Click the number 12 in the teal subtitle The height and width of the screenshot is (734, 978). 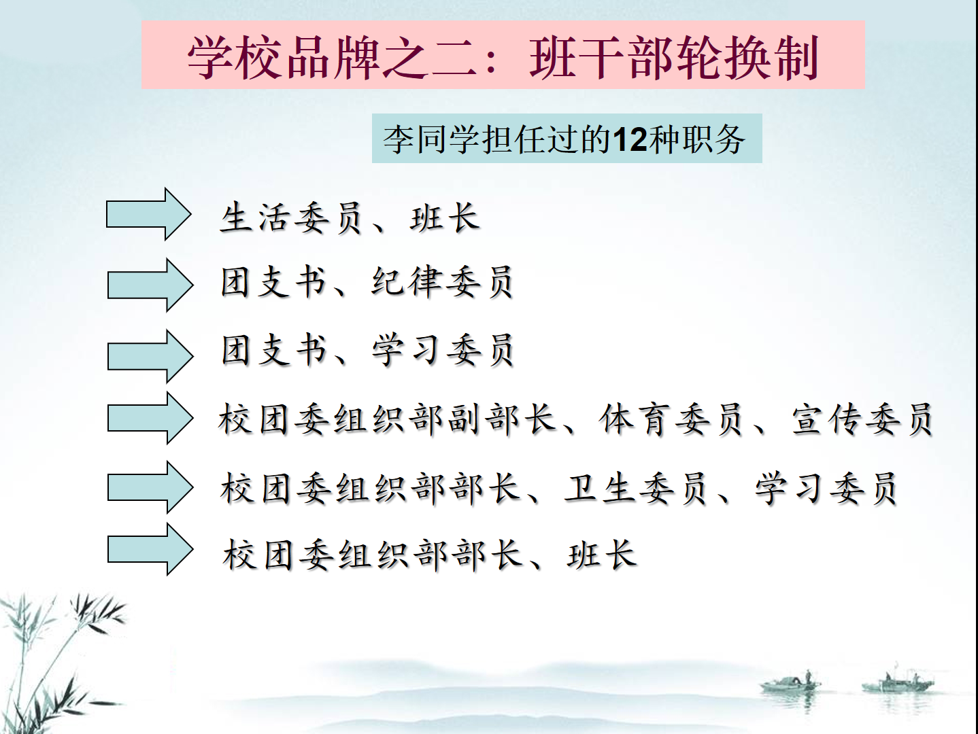click(x=630, y=139)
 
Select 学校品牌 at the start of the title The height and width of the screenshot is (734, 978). click(x=283, y=57)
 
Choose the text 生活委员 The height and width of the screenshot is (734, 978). click(x=290, y=217)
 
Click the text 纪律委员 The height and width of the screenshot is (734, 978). click(x=442, y=282)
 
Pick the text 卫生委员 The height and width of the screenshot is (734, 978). click(x=635, y=488)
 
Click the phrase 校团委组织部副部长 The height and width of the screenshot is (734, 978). click(x=387, y=419)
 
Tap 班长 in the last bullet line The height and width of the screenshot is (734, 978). click(x=601, y=555)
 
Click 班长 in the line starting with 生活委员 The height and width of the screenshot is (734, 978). click(x=445, y=217)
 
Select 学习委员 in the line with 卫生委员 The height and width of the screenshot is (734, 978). click(x=826, y=488)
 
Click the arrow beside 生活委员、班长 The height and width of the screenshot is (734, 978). click(x=149, y=214)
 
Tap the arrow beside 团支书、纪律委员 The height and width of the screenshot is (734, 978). click(x=150, y=285)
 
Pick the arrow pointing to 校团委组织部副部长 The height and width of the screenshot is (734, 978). click(x=150, y=419)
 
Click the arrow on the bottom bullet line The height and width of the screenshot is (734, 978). click(x=150, y=549)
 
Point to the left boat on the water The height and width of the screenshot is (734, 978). click(x=790, y=684)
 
